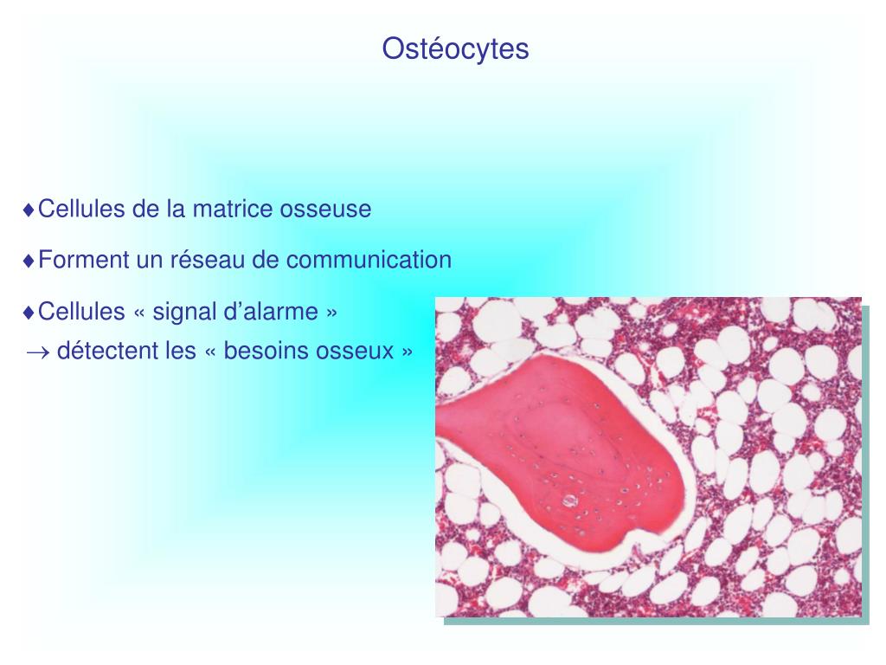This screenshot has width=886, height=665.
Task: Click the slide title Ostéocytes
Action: point(455,48)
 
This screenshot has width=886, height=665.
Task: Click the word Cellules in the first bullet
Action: point(82,210)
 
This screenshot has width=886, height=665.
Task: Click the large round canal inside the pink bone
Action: point(568,500)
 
